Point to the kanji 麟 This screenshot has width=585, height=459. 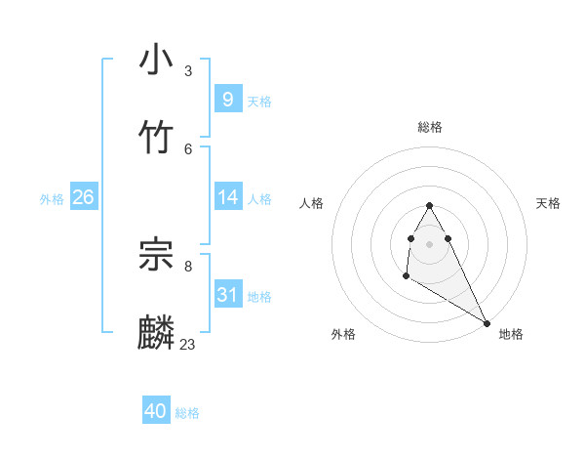(156, 333)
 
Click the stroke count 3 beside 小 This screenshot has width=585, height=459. (187, 71)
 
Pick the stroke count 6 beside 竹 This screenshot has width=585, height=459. (187, 148)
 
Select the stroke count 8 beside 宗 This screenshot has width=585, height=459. (187, 266)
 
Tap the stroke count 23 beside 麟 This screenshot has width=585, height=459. (187, 344)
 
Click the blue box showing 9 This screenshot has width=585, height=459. (227, 100)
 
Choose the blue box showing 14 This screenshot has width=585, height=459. (227, 197)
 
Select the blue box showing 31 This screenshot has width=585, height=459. (227, 295)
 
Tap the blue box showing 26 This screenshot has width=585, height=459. (83, 197)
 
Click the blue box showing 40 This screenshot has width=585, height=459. (156, 411)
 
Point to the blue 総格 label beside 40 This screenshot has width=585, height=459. (187, 413)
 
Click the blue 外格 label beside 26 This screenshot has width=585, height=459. (52, 199)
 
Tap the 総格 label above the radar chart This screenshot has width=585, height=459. (429, 127)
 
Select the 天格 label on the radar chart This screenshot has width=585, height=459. (548, 203)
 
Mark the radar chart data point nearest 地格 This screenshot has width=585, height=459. (487, 323)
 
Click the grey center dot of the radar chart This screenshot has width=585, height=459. (429, 243)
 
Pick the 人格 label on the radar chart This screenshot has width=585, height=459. (311, 203)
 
